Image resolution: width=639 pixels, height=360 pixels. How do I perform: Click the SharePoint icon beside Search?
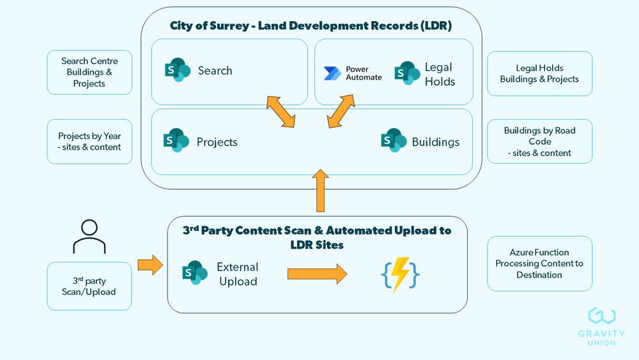(177, 70)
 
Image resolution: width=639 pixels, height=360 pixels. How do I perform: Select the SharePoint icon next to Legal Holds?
(407, 74)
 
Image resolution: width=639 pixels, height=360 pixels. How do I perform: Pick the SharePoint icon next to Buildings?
(394, 141)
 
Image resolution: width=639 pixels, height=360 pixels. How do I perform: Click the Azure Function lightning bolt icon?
(400, 274)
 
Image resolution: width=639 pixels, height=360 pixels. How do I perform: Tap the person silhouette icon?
(89, 237)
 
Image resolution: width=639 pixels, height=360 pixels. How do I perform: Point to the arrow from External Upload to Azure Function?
(317, 274)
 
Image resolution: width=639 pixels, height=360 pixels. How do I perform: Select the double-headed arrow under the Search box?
(282, 110)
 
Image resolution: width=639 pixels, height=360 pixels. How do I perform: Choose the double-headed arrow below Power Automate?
(341, 111)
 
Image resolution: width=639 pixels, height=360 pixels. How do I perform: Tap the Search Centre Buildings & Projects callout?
(89, 72)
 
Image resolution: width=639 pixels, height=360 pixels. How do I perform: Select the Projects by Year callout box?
(89, 141)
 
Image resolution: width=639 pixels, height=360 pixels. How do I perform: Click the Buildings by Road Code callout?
(539, 141)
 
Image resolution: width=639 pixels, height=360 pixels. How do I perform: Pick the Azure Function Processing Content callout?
(539, 263)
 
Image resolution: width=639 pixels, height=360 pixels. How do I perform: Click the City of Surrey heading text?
(311, 26)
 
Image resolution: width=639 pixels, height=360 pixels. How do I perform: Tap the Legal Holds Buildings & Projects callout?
(539, 74)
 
